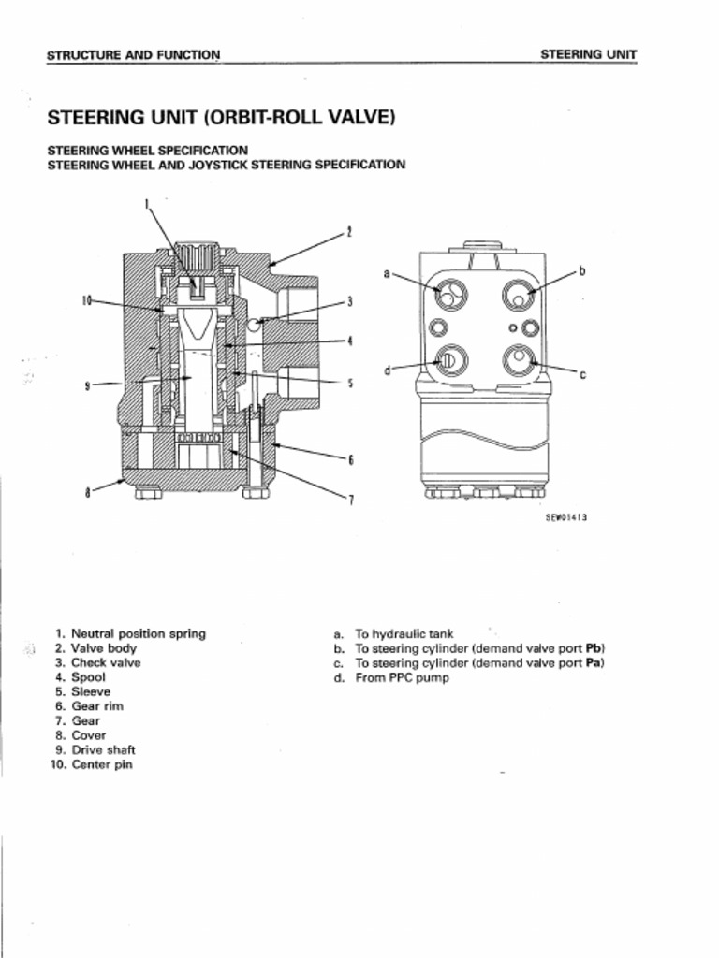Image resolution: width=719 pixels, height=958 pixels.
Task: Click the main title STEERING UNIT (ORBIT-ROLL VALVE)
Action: (221, 118)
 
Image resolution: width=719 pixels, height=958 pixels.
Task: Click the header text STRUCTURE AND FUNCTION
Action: (133, 54)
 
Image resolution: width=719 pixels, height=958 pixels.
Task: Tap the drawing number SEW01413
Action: (565, 516)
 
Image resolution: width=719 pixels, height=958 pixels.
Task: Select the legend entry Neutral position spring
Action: (138, 633)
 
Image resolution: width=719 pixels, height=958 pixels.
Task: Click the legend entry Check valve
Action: (106, 662)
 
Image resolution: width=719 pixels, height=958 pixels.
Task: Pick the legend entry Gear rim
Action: (97, 706)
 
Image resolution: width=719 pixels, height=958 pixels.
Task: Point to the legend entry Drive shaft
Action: (103, 749)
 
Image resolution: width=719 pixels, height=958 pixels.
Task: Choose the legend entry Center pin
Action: (101, 764)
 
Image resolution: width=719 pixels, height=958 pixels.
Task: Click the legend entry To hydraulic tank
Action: (404, 633)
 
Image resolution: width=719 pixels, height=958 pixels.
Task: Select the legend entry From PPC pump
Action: (402, 677)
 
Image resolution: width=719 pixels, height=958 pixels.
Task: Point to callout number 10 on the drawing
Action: (86, 300)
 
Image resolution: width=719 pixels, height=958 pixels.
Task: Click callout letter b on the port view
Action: (580, 271)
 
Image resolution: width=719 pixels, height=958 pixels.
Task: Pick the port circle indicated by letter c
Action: (518, 358)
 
